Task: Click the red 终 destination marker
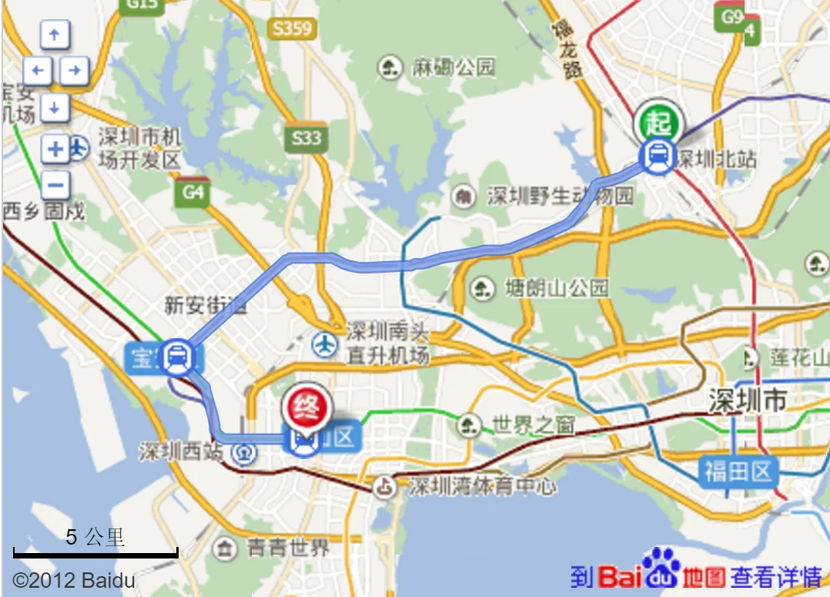click(x=307, y=404)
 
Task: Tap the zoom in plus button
click(x=55, y=149)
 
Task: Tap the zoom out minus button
click(x=55, y=185)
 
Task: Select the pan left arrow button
click(x=37, y=72)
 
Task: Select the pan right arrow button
click(x=74, y=72)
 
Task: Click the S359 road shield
click(x=292, y=29)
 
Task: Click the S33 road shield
click(x=305, y=139)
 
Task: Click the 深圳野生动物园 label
click(x=560, y=196)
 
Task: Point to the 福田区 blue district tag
click(x=738, y=471)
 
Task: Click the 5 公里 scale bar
click(x=95, y=551)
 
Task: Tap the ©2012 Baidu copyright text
click(x=74, y=580)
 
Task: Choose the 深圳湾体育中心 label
click(x=481, y=487)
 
